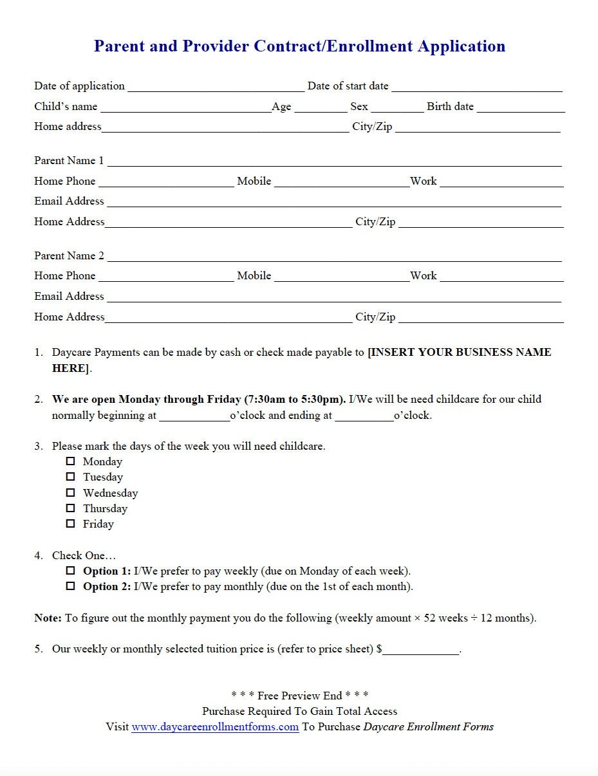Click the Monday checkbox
click(71, 461)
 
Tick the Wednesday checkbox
click(71, 493)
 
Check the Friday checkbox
click(71, 524)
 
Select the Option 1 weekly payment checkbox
click(71, 571)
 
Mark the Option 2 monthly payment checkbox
click(71, 586)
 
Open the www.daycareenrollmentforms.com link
click(215, 727)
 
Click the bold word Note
click(48, 618)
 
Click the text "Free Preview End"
click(300, 696)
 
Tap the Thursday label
click(105, 508)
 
